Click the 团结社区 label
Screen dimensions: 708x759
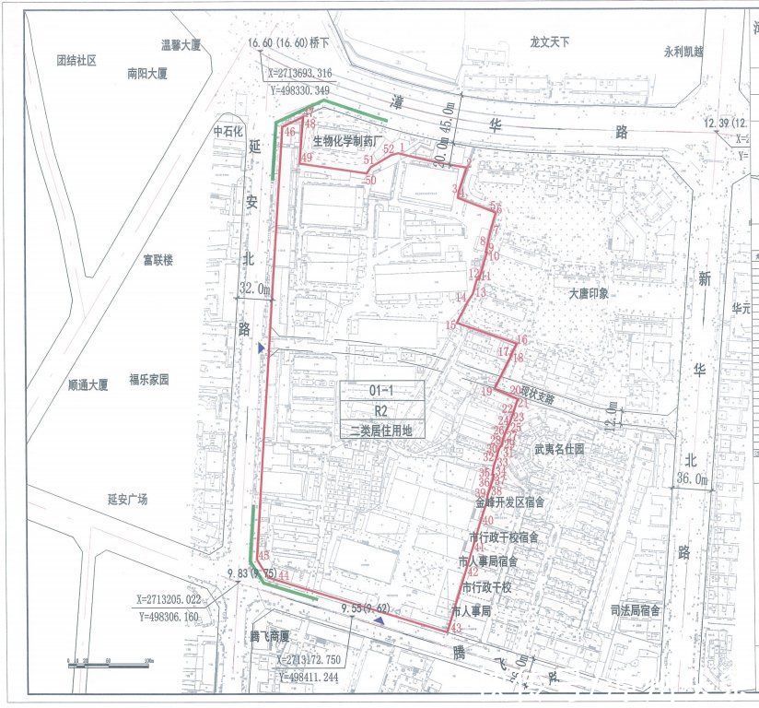click(76, 60)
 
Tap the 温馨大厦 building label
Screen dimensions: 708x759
click(181, 43)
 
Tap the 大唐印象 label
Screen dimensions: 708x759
click(590, 295)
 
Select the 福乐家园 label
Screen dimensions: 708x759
click(152, 379)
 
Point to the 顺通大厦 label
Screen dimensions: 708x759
click(88, 383)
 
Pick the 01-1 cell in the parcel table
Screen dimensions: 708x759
click(381, 391)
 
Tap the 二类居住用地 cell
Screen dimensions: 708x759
click(381, 429)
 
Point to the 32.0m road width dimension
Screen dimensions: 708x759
click(255, 289)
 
